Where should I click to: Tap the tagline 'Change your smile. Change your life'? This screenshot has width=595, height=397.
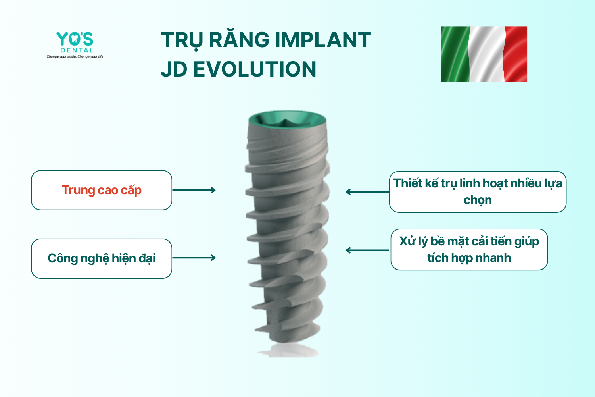tap(75, 56)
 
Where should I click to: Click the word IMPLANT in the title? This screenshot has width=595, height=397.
tap(323, 40)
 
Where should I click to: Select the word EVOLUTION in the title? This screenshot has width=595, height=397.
tap(255, 69)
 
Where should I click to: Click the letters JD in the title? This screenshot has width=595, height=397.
tap(174, 69)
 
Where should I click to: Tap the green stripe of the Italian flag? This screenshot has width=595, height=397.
tap(455, 54)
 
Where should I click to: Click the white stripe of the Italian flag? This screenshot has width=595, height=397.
tap(487, 54)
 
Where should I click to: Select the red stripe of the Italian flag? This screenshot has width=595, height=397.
tap(516, 54)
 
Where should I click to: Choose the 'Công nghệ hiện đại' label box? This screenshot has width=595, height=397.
tap(102, 258)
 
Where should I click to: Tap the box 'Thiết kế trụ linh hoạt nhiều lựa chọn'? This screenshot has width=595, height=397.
tap(478, 192)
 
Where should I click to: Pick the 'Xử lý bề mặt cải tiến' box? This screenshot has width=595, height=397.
tap(469, 249)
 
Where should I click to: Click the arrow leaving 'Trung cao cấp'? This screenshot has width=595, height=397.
tap(194, 190)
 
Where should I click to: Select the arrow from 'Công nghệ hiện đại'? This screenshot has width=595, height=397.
tap(194, 258)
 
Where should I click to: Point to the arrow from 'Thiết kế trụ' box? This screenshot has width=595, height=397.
tap(367, 192)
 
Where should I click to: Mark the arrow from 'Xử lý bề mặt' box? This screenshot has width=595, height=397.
tap(367, 250)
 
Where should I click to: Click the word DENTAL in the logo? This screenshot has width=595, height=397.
tap(77, 50)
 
